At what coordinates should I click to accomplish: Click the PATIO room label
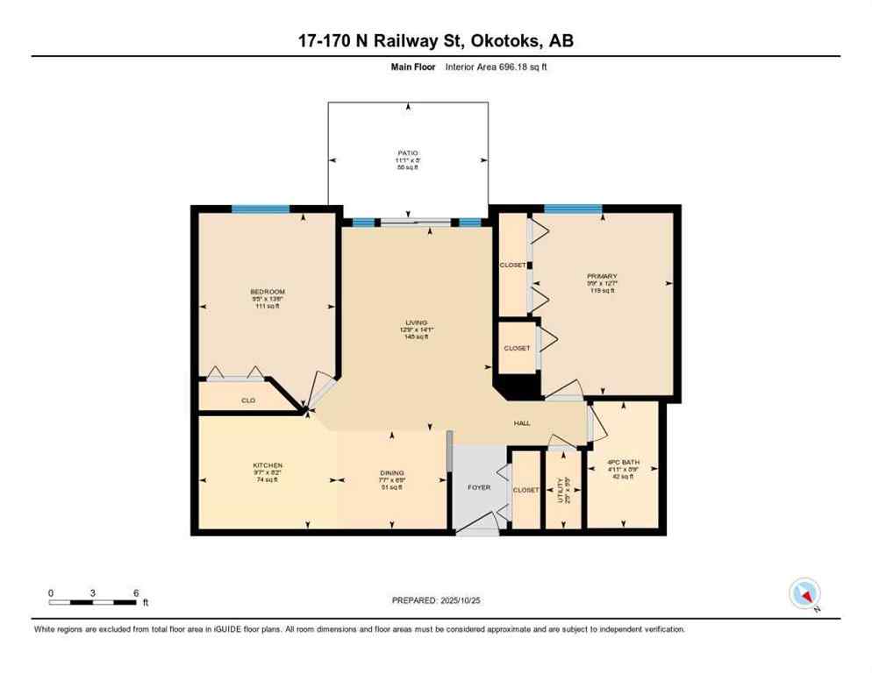coord(407,152)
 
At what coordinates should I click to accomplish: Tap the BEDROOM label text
coord(268,292)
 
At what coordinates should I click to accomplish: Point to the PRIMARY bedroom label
coord(603,276)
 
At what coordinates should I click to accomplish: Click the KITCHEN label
coord(268,464)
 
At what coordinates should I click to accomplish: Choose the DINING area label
coord(390,471)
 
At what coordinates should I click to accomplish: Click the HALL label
coord(522,424)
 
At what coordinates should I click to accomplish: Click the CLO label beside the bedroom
coord(248,400)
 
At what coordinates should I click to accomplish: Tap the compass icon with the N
coord(804,594)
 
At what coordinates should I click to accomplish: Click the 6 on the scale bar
coord(135,592)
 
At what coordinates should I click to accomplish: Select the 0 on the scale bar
coord(51,592)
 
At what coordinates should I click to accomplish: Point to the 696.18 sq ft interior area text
coord(518,67)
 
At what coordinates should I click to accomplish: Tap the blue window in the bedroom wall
coord(261,209)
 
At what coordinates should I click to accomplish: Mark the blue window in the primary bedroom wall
coord(572,209)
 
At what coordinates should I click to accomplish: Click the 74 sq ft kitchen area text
coord(268,480)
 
